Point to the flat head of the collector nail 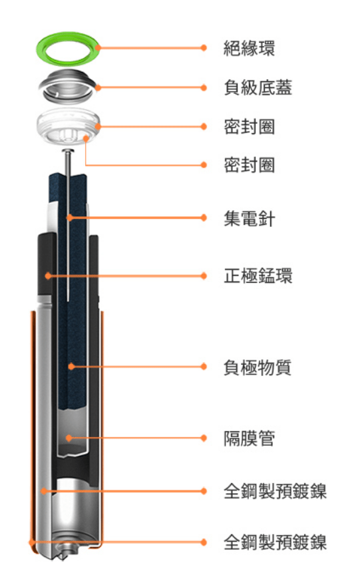69,150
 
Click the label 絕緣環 250,48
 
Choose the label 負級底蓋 258,88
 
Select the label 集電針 250,218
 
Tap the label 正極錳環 258,276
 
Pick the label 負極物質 258,367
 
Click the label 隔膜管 250,438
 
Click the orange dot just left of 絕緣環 204,48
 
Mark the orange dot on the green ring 98,47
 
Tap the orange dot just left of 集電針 204,218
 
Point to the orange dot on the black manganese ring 48,276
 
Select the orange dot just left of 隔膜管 204,438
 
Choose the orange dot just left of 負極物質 204,367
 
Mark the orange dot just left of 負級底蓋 204,88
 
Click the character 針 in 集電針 267,218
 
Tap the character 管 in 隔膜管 267,438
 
